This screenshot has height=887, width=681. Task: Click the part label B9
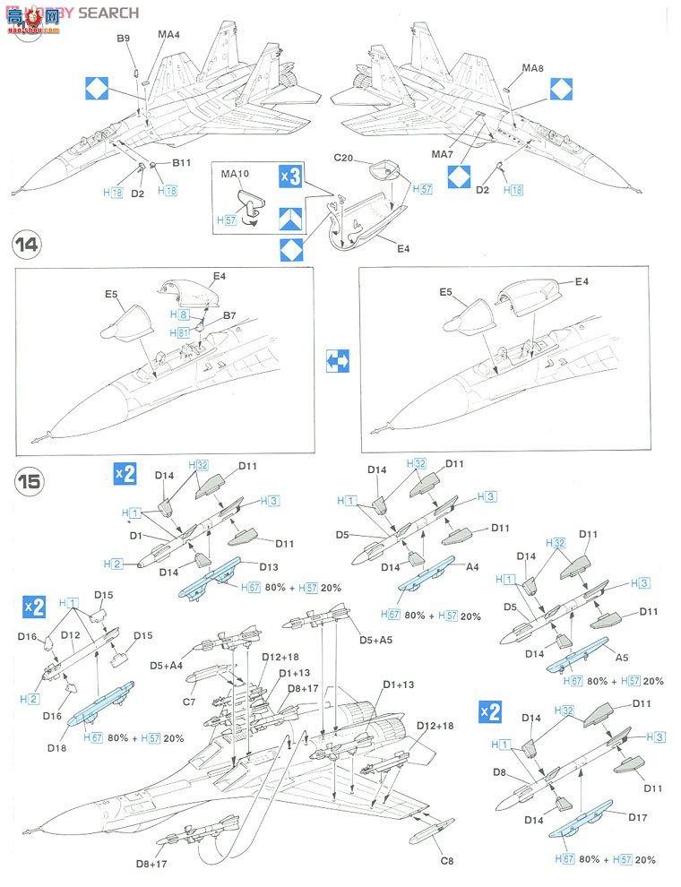click(123, 39)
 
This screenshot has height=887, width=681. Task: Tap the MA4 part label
click(169, 35)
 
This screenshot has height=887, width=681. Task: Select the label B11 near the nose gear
click(182, 162)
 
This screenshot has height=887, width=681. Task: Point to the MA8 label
click(533, 68)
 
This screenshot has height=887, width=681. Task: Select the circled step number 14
click(29, 245)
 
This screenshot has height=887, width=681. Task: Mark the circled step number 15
click(29, 481)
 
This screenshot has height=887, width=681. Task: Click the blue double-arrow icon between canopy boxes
click(336, 360)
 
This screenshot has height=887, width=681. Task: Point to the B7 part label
click(229, 316)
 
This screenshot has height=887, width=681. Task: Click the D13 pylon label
click(270, 566)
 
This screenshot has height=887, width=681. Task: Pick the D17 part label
click(637, 817)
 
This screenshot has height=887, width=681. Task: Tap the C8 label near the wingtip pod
click(448, 861)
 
